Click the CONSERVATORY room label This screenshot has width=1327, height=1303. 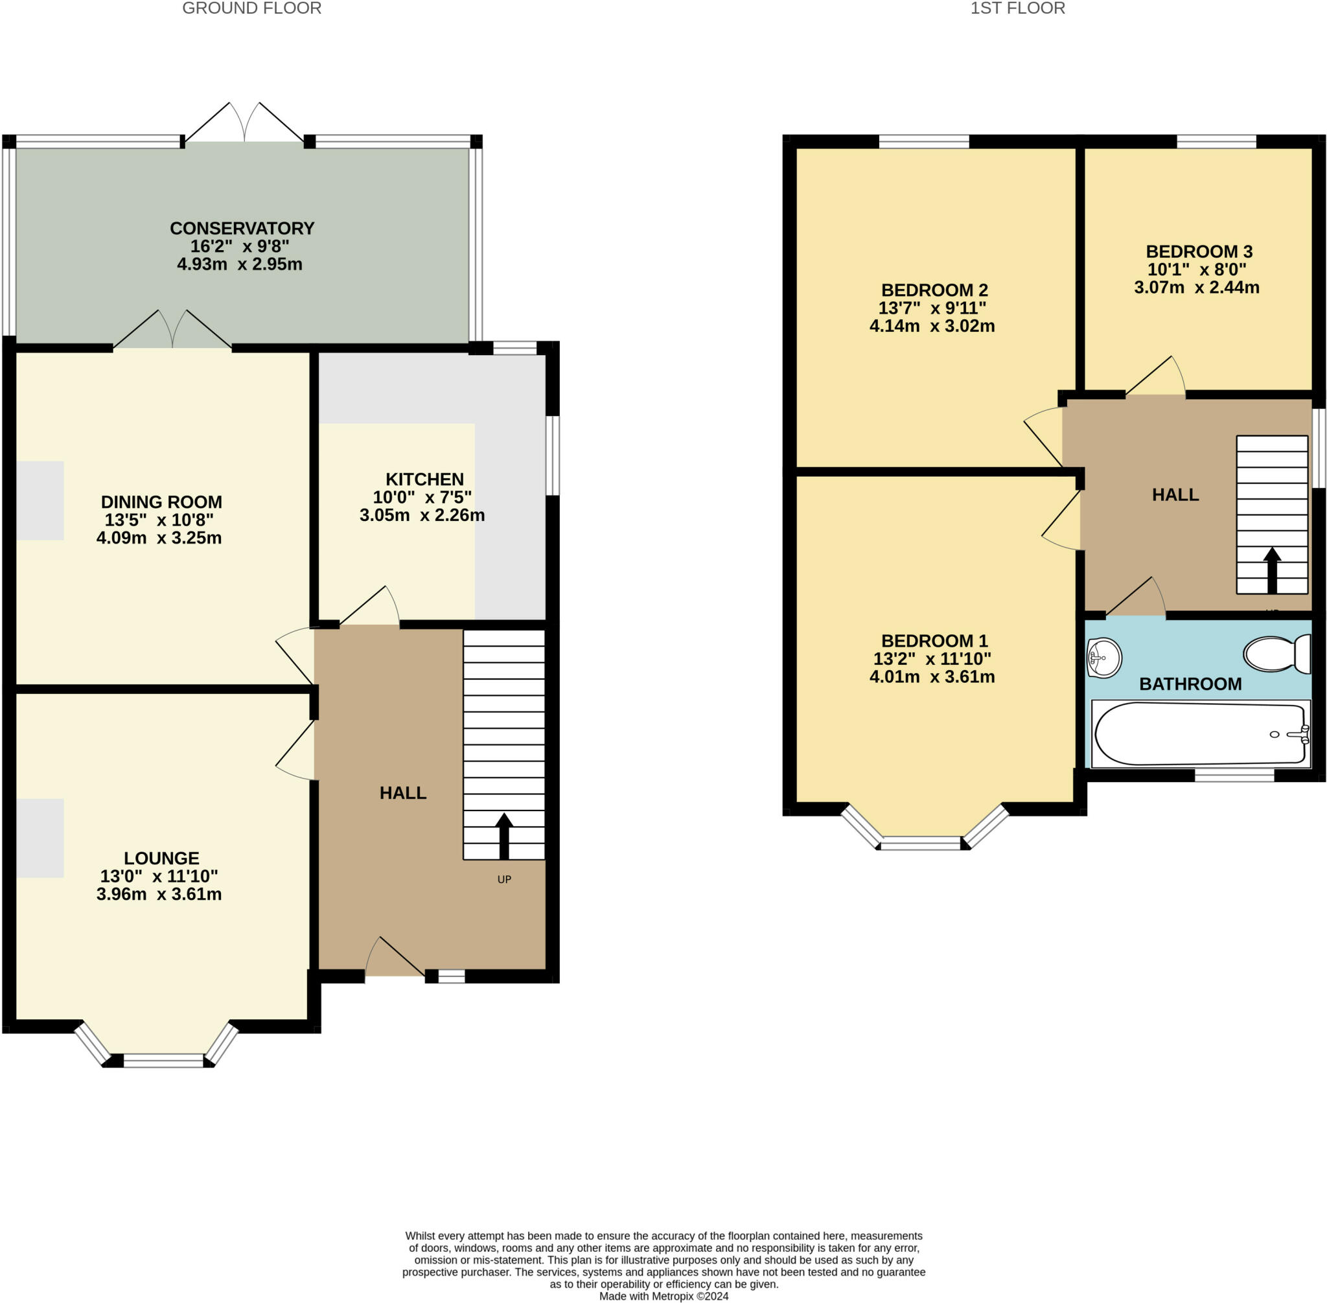(242, 228)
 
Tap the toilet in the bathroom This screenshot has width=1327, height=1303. (1277, 654)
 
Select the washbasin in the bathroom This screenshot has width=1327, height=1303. (1104, 658)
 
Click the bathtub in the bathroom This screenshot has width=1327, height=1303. (1201, 733)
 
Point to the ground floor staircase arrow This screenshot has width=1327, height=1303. (504, 836)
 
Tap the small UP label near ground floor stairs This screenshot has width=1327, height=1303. (504, 879)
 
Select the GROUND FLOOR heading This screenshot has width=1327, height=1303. (252, 8)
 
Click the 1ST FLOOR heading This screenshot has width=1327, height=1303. (1018, 8)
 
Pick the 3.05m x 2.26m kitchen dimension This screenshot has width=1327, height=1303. (422, 515)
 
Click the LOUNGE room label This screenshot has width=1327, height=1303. (161, 858)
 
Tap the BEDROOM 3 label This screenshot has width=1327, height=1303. (1199, 251)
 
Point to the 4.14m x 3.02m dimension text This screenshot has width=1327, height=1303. (932, 326)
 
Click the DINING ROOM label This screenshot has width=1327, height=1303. (161, 502)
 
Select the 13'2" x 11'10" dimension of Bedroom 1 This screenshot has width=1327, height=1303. (932, 658)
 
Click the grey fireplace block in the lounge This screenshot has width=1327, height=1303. (40, 838)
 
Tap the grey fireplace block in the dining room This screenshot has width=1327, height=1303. (40, 500)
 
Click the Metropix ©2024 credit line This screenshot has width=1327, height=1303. (664, 1296)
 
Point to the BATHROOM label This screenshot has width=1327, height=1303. (1190, 684)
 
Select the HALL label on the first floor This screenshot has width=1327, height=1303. (1175, 495)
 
